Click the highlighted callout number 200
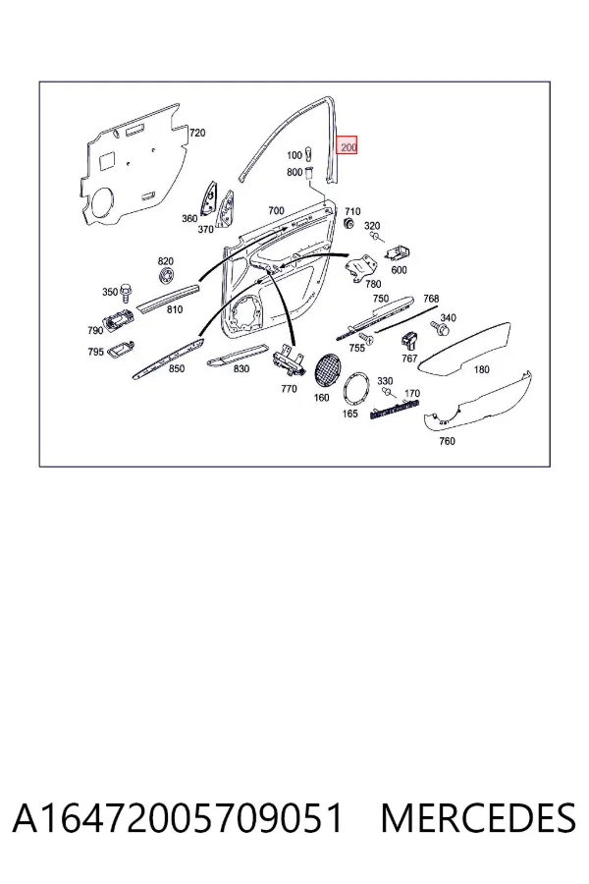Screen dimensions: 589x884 tap(348, 146)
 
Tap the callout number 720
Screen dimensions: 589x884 tap(197, 133)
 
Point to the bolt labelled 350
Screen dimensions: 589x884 tap(127, 293)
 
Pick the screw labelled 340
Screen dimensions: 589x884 tap(442, 327)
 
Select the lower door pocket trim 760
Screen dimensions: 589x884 tap(478, 404)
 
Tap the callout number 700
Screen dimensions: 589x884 tap(276, 211)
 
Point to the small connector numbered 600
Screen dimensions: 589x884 tap(399, 253)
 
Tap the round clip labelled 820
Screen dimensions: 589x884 tap(166, 276)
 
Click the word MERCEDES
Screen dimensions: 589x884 tap(478, 818)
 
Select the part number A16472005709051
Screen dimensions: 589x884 tap(178, 818)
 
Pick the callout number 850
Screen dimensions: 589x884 tap(177, 368)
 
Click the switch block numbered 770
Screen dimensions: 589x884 tap(289, 361)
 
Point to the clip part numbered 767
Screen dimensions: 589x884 tap(409, 340)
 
